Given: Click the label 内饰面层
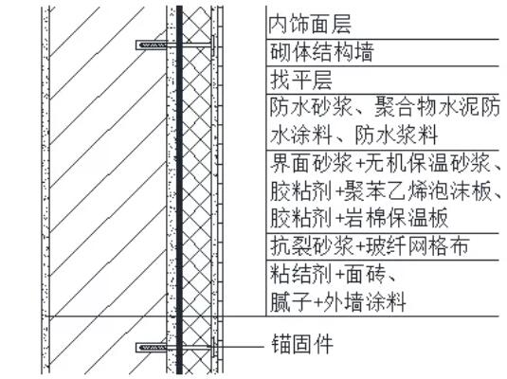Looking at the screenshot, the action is [x=310, y=25].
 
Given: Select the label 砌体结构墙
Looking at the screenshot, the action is [x=321, y=52].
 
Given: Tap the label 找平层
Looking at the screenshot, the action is [x=301, y=81].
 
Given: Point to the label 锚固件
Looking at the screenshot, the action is [x=302, y=344].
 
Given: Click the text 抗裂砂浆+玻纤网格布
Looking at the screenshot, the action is [x=370, y=246].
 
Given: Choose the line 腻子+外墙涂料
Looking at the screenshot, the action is [x=337, y=302].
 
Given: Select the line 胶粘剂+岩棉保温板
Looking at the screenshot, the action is [x=359, y=218].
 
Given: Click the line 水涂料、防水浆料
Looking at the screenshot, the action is [x=353, y=135].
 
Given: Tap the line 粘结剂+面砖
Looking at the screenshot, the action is [x=333, y=274].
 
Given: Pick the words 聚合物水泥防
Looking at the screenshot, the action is [x=437, y=107].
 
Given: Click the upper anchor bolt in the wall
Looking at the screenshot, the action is [x=175, y=45].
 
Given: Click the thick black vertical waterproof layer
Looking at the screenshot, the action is [x=179, y=189].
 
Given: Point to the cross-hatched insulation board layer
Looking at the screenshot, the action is [x=197, y=189].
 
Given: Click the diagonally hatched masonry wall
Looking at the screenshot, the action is [x=108, y=189].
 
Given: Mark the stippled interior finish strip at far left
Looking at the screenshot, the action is [x=45, y=189].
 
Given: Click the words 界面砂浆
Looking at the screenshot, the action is [x=311, y=163].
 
